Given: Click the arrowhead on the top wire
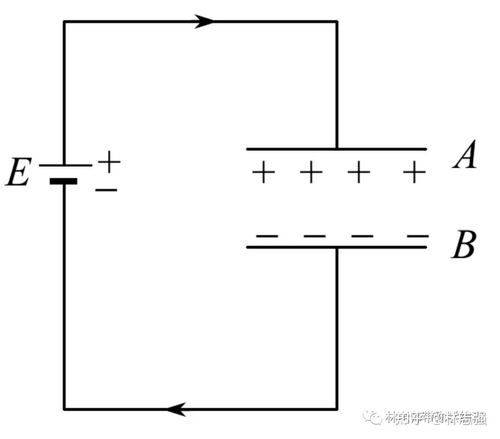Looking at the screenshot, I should click(204, 21).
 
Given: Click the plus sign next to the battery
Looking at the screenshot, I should click(109, 162).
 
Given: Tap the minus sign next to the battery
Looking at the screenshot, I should click(106, 189).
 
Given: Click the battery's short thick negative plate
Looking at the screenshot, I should click(63, 181).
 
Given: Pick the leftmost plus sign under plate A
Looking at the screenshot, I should click(263, 173).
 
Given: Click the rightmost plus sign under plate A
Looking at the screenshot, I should click(414, 173).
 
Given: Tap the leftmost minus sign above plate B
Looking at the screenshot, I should click(267, 236).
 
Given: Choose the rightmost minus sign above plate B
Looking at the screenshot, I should click(418, 236).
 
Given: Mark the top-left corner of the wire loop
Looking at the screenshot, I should click(64, 21).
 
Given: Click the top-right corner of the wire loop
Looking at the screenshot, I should click(337, 21).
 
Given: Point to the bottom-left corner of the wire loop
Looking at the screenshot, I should click(64, 409).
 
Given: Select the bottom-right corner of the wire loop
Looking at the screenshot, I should click(337, 409).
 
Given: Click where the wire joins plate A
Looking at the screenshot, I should click(337, 149).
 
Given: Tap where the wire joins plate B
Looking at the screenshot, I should click(337, 247).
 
